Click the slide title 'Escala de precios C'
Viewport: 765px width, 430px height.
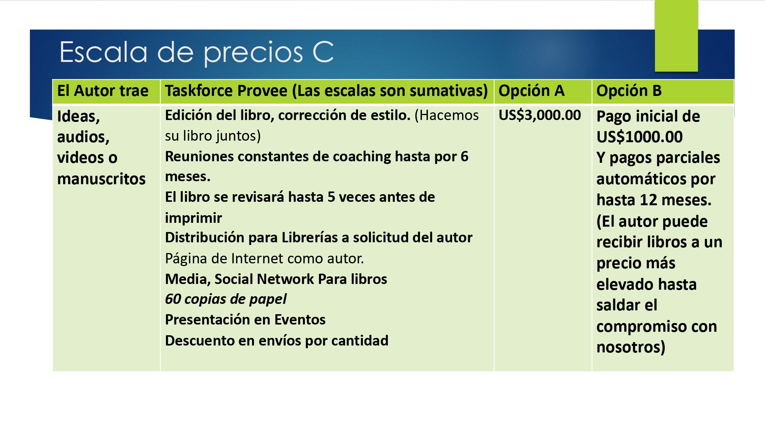[197, 52]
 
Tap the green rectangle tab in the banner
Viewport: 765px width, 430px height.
[676, 36]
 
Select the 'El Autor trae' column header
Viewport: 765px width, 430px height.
[103, 91]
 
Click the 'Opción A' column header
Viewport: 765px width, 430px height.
[531, 91]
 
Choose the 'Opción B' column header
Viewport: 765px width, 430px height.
[629, 91]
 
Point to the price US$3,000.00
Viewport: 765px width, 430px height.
[540, 115]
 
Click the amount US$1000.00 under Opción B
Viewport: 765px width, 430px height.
[640, 137]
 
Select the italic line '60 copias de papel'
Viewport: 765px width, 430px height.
[226, 299]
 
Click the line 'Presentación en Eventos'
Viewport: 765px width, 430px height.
[245, 320]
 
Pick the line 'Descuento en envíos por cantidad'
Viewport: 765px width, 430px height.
[277, 341]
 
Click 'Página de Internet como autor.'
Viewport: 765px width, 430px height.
[264, 259]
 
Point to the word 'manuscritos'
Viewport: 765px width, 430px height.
[101, 179]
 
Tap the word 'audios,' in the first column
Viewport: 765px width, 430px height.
[83, 137]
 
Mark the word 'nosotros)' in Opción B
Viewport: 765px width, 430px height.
[631, 347]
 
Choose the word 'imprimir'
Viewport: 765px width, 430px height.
[193, 218]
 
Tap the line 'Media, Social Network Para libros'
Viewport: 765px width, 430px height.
[276, 279]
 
